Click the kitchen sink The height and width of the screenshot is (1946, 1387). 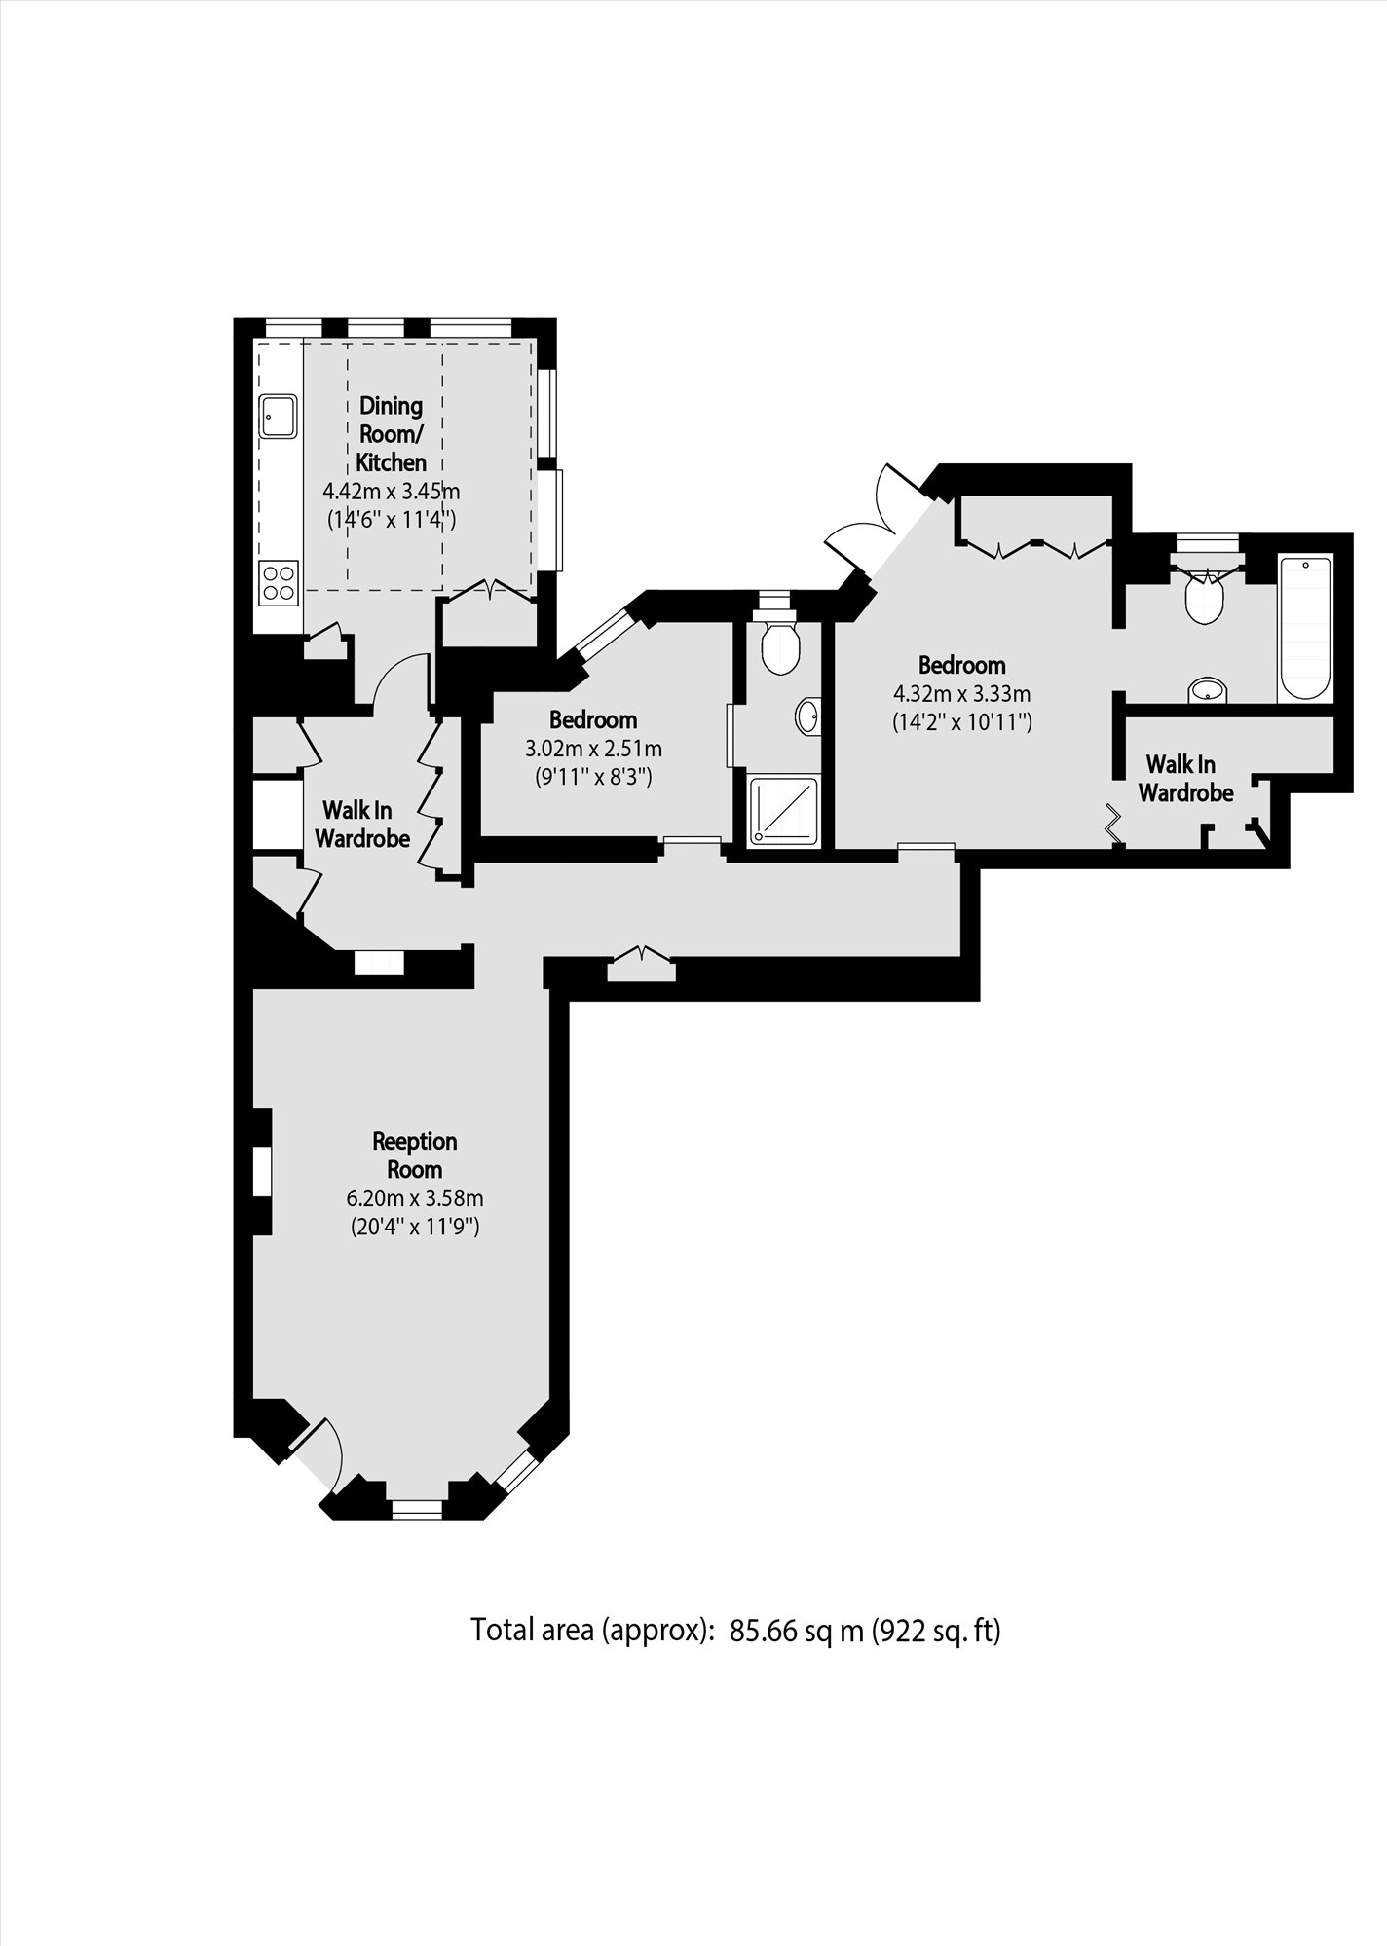pyautogui.click(x=278, y=416)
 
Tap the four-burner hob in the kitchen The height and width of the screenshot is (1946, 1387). pyautogui.click(x=278, y=583)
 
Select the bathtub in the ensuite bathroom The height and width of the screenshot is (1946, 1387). pyautogui.click(x=1305, y=628)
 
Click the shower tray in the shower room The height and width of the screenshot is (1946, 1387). pyautogui.click(x=786, y=811)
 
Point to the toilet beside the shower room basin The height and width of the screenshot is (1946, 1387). pyautogui.click(x=781, y=643)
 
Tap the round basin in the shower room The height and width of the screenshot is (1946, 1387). pyautogui.click(x=807, y=716)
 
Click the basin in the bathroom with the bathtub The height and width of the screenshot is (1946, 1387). pyautogui.click(x=1208, y=690)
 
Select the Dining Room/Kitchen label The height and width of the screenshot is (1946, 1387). pyautogui.click(x=391, y=433)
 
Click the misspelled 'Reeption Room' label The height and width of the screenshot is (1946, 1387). pyautogui.click(x=415, y=1155)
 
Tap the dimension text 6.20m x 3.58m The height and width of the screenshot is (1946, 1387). pyautogui.click(x=415, y=1198)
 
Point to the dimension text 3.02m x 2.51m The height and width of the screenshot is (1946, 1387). pyautogui.click(x=593, y=749)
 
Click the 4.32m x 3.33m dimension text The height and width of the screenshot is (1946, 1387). pyautogui.click(x=961, y=694)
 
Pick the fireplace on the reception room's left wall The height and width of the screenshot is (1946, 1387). pyautogui.click(x=261, y=1171)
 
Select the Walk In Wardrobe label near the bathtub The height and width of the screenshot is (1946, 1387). pyautogui.click(x=1185, y=779)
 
